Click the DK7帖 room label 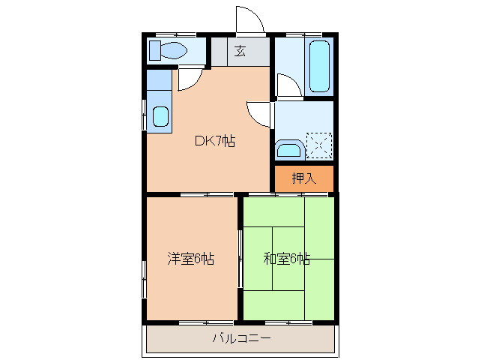pyautogui.click(x=215, y=140)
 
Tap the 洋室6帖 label pyautogui.click(x=191, y=259)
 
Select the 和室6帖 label pyautogui.click(x=286, y=259)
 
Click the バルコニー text pyautogui.click(x=241, y=338)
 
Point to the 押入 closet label pyautogui.click(x=303, y=178)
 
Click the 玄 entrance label pyautogui.click(x=240, y=51)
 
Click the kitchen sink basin pyautogui.click(x=160, y=116)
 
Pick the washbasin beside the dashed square pyautogui.click(x=288, y=149)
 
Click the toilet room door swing pyautogui.click(x=188, y=79)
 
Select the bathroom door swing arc pyautogui.click(x=288, y=85)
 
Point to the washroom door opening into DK pyautogui.click(x=259, y=113)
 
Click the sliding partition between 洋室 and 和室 pyautogui.click(x=240, y=258)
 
